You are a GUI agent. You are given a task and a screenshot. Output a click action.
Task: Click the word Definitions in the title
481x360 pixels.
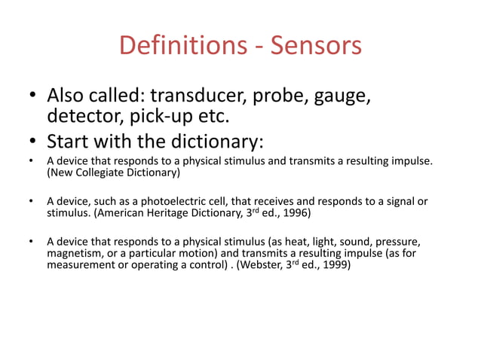tap(176, 46)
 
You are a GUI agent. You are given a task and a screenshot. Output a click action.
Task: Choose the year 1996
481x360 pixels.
tap(296, 214)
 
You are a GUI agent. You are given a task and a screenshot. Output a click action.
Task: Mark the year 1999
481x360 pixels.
tap(335, 265)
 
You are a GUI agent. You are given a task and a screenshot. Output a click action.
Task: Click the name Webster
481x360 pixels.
tap(262, 265)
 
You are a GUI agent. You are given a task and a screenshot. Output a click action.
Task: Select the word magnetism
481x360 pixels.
tap(72, 254)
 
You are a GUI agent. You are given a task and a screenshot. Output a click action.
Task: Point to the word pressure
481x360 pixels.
tap(394, 243)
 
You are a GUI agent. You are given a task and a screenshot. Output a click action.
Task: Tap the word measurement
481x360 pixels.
tap(80, 265)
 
